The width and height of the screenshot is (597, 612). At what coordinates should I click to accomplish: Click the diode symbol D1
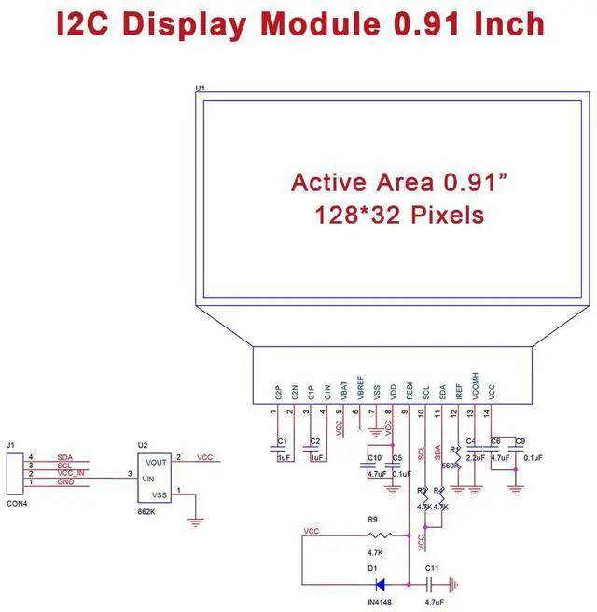[x=380, y=585]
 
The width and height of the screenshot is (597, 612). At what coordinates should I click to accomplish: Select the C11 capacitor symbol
[x=428, y=585]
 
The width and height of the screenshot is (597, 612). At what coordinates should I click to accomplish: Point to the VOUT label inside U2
[x=157, y=461]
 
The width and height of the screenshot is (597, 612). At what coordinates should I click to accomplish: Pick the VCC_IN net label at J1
[x=72, y=474]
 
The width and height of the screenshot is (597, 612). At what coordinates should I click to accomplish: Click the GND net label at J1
[x=64, y=482]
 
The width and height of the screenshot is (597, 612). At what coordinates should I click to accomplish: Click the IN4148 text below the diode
[x=378, y=603]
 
